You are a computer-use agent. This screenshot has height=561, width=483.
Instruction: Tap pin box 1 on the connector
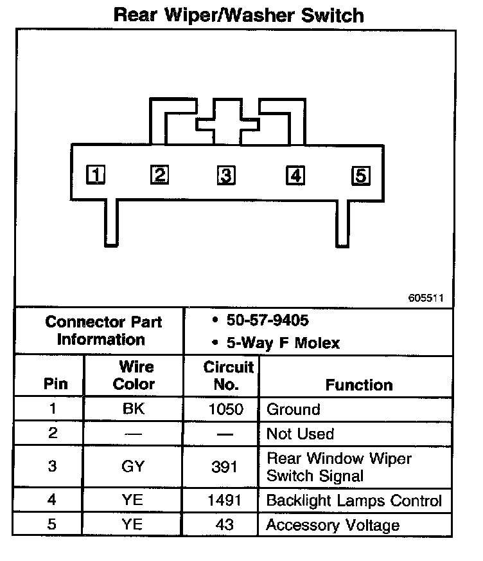(x=96, y=174)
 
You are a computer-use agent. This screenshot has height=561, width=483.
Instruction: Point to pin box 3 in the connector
(x=225, y=175)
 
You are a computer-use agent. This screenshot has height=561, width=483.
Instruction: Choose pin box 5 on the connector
(x=360, y=175)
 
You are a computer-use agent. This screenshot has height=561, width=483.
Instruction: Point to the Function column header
(x=358, y=385)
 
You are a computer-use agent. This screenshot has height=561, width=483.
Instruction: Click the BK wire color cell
(x=133, y=409)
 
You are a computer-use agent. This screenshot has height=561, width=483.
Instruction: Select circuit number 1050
(x=225, y=409)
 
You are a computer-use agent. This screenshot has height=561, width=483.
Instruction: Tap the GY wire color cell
(x=133, y=466)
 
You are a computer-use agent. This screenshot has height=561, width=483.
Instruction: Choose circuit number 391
(x=225, y=466)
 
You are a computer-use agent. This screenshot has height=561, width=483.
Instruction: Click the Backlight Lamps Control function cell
(x=354, y=501)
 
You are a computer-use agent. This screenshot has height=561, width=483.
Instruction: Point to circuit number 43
(x=225, y=525)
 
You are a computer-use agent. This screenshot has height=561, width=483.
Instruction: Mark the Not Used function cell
(x=300, y=434)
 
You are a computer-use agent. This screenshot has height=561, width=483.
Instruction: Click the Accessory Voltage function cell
(x=333, y=525)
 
